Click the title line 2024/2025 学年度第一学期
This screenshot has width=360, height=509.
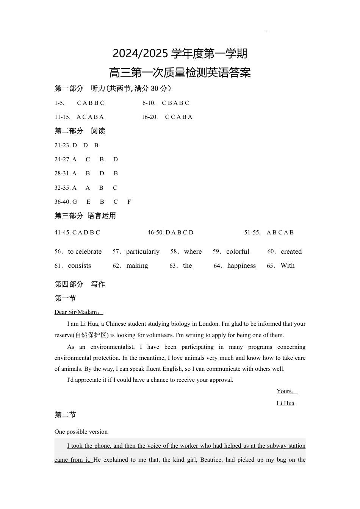[x=180, y=54]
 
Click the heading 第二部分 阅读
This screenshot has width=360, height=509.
[x=80, y=131]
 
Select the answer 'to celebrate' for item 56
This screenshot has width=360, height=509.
[x=85, y=251]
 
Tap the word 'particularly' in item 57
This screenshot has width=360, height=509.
[x=142, y=251]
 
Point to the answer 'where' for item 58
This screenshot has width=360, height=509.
[x=193, y=251]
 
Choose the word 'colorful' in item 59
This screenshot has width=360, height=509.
[x=238, y=251]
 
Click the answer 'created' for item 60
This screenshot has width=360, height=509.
[x=291, y=251]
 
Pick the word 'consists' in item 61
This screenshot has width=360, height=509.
[x=80, y=265]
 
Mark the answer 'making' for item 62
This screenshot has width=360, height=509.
[x=137, y=265]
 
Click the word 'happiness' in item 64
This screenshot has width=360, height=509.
[x=241, y=265]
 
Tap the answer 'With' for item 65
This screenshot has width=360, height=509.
[x=287, y=265]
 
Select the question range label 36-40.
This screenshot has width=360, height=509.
[x=62, y=202]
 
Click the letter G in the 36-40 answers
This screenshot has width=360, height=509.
[x=75, y=202]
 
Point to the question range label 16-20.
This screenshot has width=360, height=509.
[x=150, y=117]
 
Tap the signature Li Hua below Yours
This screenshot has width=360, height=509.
[x=285, y=403]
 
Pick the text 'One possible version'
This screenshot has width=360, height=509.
[x=81, y=432]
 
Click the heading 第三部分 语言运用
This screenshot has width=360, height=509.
[x=85, y=216]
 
